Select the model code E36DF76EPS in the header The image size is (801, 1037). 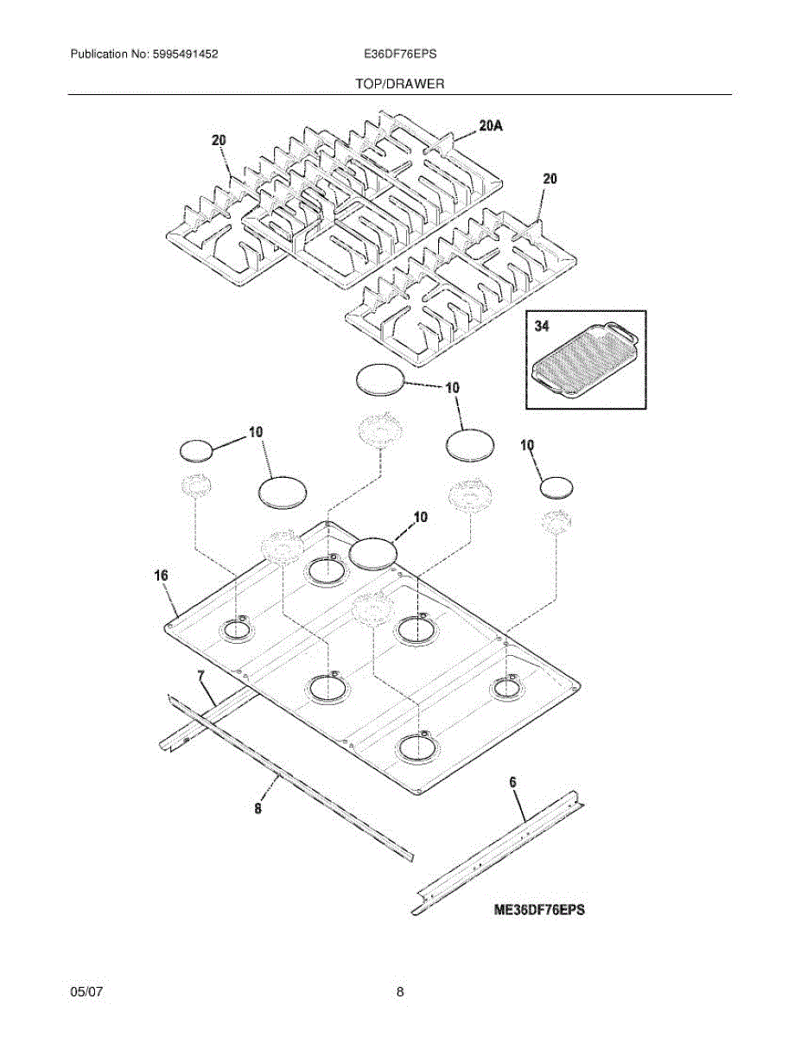400,54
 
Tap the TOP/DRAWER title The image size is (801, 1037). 399,85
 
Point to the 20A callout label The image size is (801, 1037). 490,126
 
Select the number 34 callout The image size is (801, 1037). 542,327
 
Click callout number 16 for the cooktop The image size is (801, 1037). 162,576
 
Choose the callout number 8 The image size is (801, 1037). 257,809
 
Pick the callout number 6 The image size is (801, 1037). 512,782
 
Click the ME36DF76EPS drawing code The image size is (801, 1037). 539,910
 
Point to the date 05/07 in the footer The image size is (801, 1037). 86,993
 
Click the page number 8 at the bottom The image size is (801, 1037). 400,993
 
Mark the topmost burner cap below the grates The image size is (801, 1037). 380,380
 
